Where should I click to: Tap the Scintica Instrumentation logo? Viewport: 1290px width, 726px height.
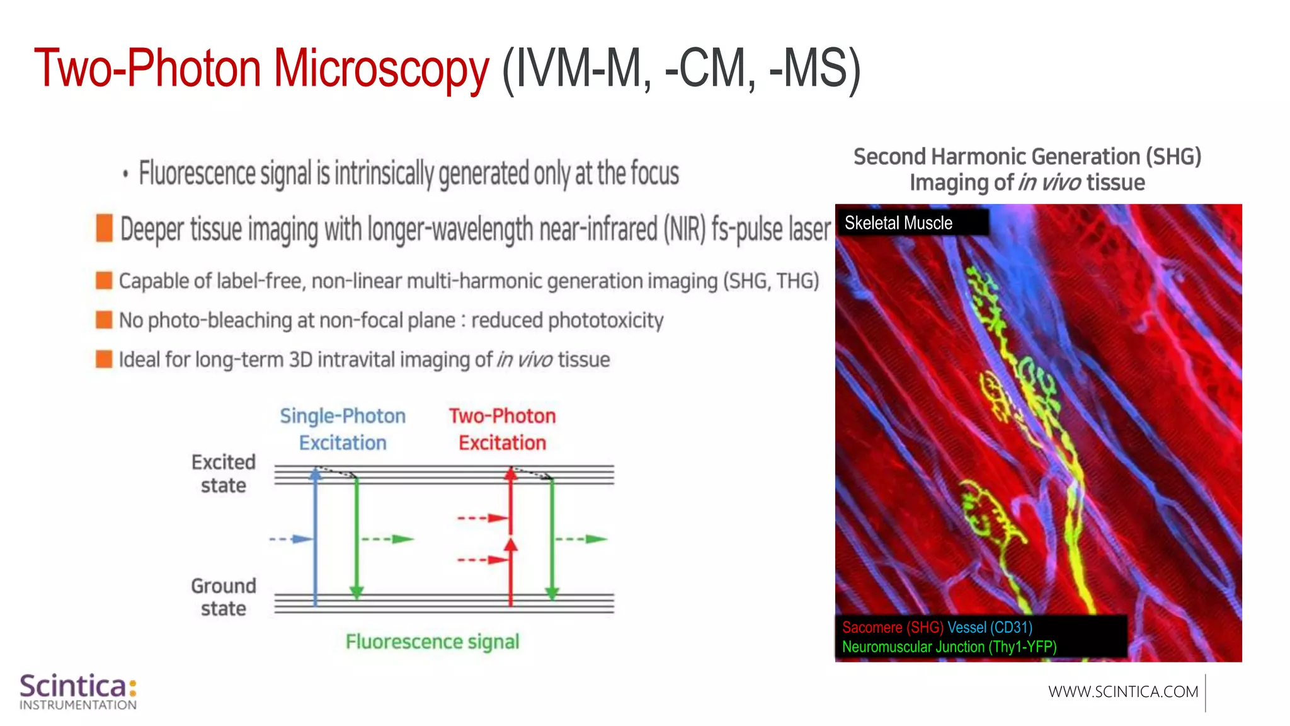78,691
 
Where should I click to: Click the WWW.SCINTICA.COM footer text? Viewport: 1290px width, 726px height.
1122,691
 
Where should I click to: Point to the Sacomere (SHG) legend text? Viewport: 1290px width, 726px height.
892,627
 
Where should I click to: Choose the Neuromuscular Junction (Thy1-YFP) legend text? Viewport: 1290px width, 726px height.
949,647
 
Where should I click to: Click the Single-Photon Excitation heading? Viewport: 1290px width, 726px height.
342,429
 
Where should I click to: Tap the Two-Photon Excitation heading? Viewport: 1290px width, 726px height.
502,429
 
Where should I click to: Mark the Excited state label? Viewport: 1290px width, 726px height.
224,473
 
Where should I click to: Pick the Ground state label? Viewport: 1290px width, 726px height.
224,597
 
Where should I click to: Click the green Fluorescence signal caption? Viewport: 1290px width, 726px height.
432,642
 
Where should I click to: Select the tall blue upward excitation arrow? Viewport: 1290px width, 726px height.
315,536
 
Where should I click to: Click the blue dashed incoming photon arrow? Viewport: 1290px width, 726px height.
290,539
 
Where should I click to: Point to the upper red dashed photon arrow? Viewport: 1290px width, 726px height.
482,518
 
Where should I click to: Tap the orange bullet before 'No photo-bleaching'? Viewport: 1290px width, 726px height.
104,320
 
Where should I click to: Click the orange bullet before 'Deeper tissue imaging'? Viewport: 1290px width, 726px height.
104,228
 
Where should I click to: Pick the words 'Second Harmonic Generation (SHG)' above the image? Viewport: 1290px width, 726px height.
1027,156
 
